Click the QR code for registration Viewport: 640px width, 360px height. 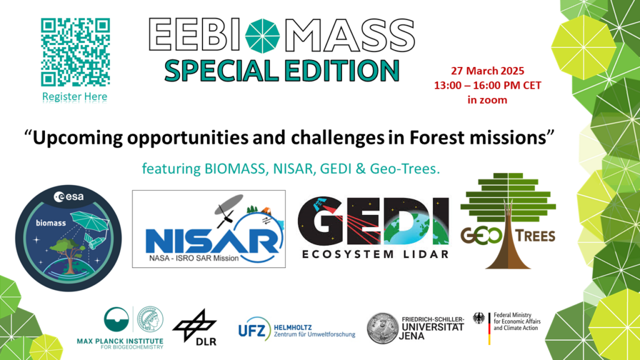[x=75, y=52]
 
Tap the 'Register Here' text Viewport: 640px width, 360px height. [x=75, y=97]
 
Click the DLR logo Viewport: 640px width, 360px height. [x=194, y=326]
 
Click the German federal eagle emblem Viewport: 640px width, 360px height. [x=479, y=318]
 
